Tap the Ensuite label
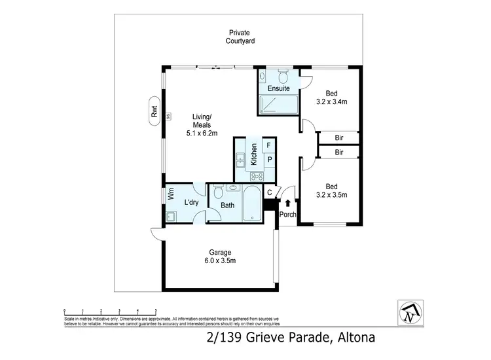click(x=278, y=88)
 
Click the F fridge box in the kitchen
click(x=268, y=145)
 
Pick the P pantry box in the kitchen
click(x=268, y=160)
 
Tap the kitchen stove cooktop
click(x=257, y=175)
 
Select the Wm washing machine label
click(x=170, y=194)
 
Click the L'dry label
click(x=191, y=203)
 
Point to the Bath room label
click(x=227, y=206)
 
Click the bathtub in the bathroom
click(x=251, y=205)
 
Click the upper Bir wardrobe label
click(x=338, y=137)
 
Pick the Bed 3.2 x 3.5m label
click(x=331, y=190)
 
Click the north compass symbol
click(x=410, y=313)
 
